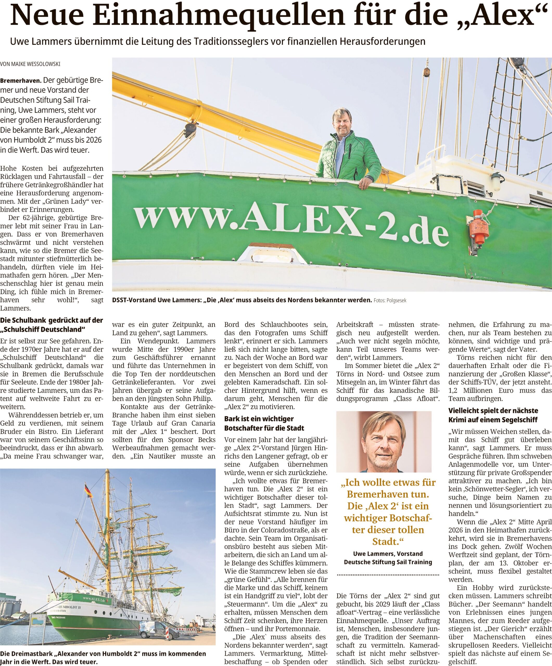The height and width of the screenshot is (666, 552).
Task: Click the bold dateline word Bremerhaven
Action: coord(20,81)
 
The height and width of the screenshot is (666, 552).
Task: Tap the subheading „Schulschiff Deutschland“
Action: coord(43,330)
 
